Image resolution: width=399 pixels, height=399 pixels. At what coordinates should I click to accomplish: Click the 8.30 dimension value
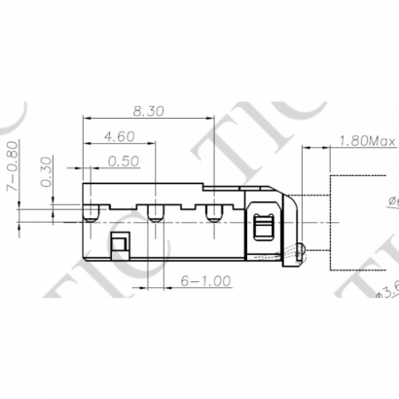pyautogui.click(x=148, y=113)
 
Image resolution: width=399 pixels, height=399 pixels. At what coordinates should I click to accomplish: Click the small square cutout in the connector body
pyautogui.click(x=120, y=243)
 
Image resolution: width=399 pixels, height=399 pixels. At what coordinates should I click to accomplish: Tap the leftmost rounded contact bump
pyautogui.click(x=91, y=213)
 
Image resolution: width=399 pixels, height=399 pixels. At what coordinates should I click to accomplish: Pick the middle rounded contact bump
pyautogui.click(x=154, y=213)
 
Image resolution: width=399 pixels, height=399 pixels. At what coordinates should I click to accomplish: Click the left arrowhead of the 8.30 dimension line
pyautogui.click(x=86, y=123)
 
